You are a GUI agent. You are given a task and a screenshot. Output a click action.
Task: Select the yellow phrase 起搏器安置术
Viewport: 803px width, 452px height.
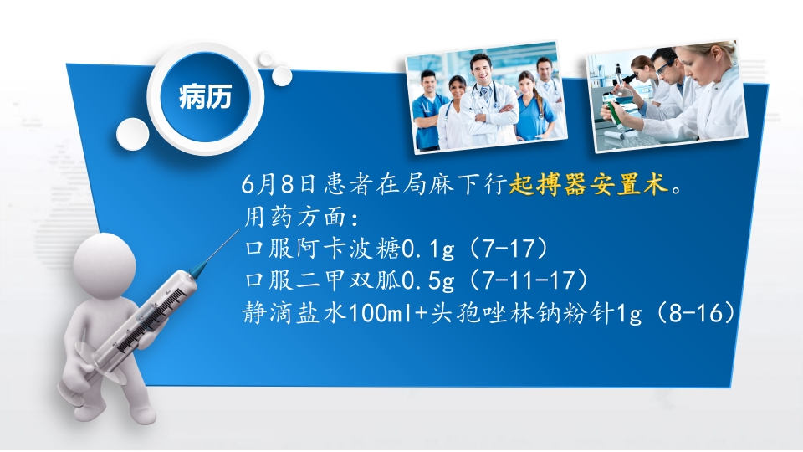(591, 185)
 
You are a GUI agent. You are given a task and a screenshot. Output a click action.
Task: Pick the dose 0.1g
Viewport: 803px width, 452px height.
(431, 249)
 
